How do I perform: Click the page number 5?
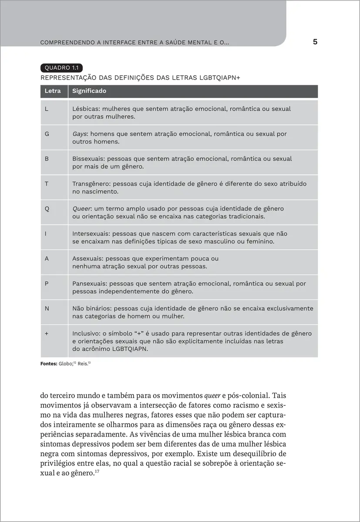[315, 42]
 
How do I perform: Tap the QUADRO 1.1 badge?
[61, 67]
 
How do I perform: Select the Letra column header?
[53, 91]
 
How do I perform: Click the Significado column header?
[89, 91]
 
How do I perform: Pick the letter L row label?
[47, 109]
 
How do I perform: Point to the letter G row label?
[47, 134]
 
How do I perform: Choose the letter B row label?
[47, 159]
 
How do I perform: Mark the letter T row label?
[47, 184]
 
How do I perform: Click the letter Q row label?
[47, 209]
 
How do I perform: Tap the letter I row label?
[46, 234]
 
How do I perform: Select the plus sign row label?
[47, 334]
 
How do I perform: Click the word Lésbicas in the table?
[86, 109]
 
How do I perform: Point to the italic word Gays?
[80, 134]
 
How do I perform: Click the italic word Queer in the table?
[81, 209]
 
